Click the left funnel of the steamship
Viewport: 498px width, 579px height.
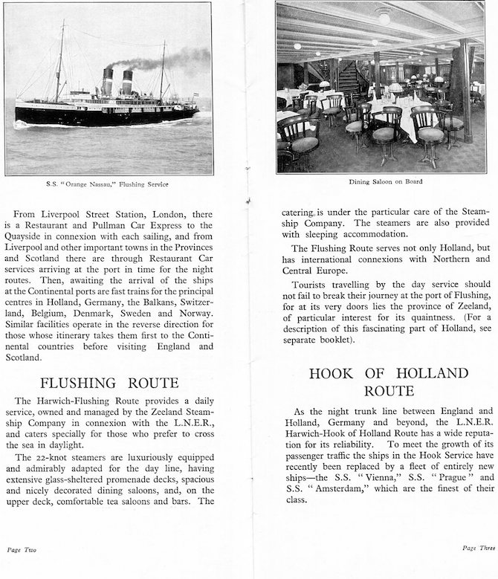(x=108, y=81)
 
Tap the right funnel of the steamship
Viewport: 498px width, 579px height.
(x=127, y=82)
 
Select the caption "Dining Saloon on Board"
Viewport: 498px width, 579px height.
(x=380, y=182)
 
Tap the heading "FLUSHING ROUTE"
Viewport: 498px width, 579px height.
(x=109, y=384)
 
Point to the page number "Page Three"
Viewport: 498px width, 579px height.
(x=478, y=548)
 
